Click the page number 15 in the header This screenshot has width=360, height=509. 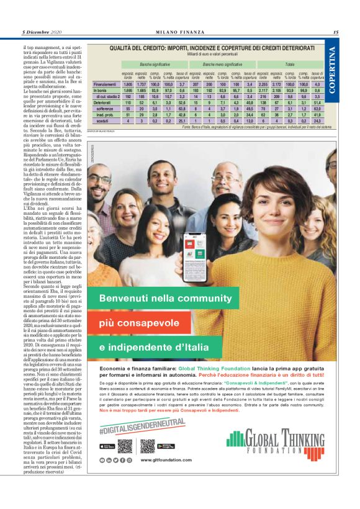pos(335,32)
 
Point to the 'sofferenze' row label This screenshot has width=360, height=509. pos(108,108)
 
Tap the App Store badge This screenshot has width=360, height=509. pos(108,446)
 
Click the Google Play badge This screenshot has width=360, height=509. pos(166,446)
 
